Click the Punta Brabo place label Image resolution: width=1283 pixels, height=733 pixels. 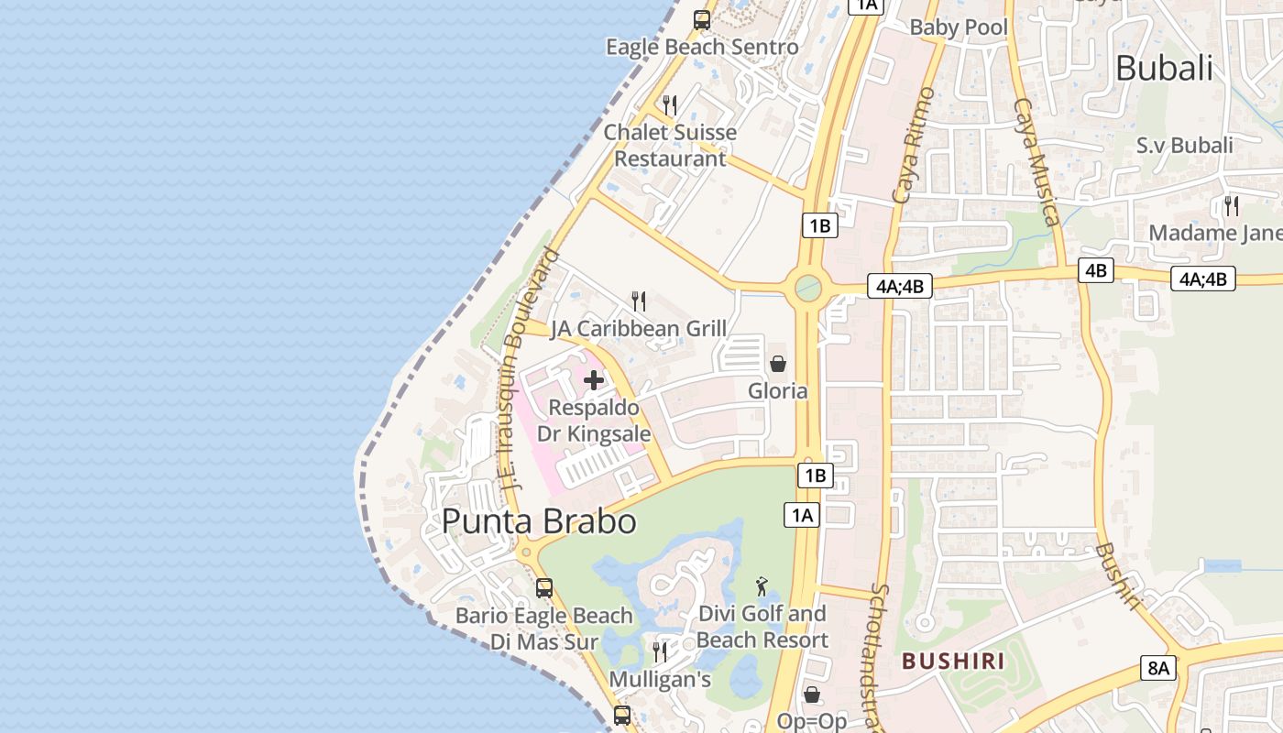[539, 521]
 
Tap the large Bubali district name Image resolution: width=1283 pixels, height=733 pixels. [1164, 68]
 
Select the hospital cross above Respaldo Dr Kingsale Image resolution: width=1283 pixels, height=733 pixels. [594, 379]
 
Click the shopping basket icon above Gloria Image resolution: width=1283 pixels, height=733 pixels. [778, 364]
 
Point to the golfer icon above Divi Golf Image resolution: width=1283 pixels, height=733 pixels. [762, 585]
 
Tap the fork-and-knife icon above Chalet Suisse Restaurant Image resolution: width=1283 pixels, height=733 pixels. [670, 104]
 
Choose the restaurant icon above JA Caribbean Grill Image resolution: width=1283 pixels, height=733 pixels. [639, 301]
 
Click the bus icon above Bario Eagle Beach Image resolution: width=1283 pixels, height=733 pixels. [544, 588]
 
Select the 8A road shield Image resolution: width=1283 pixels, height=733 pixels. [1158, 667]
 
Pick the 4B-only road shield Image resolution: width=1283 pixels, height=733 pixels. [1096, 270]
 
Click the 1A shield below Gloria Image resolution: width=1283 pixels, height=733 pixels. [801, 515]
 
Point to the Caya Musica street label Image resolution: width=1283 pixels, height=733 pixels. [1036, 161]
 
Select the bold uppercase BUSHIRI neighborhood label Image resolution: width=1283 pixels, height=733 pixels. [953, 661]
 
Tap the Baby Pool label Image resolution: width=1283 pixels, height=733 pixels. [959, 27]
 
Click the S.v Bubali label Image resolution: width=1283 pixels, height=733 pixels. [1184, 145]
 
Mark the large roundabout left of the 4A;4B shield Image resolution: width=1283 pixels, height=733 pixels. [808, 289]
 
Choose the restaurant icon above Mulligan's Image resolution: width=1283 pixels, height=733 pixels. [660, 651]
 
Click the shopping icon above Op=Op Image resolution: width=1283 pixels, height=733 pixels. [811, 695]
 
